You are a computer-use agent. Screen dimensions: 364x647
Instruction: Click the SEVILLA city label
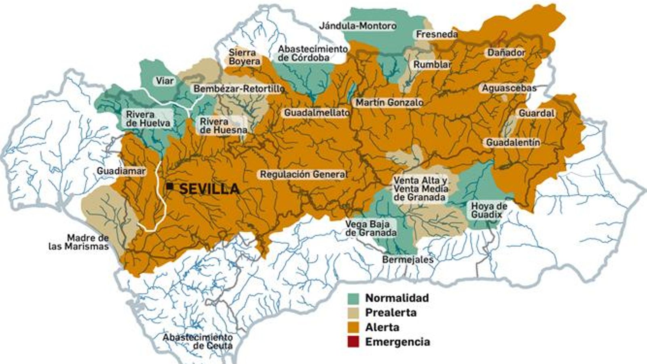(x=209, y=189)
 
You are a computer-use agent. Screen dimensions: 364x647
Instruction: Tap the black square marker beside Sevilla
(x=170, y=186)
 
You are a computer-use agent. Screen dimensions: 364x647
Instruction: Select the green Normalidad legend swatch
(x=353, y=298)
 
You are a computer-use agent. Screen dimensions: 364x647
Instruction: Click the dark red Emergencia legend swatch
(x=353, y=342)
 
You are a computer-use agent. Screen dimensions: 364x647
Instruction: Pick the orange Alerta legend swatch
(x=353, y=327)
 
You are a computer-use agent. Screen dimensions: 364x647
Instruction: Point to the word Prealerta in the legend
(x=390, y=313)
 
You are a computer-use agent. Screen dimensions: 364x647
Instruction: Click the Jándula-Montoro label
(x=357, y=26)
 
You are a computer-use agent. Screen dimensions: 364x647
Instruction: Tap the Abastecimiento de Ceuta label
(x=198, y=341)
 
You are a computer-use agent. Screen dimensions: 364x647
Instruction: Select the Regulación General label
(x=303, y=174)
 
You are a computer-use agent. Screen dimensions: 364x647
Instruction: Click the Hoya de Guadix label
(x=488, y=210)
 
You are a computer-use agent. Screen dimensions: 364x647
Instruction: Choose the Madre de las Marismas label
(x=79, y=242)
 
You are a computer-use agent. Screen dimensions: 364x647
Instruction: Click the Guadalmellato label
(x=317, y=113)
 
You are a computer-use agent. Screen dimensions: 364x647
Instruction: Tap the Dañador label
(x=506, y=53)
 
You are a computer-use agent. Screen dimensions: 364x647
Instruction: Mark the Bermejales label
(x=408, y=260)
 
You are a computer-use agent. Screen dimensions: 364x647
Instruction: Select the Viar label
(x=165, y=81)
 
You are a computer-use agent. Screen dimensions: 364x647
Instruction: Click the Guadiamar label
(x=121, y=171)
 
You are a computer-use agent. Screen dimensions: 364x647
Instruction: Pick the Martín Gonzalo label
(x=389, y=103)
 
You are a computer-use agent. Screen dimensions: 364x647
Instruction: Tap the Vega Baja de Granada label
(x=370, y=229)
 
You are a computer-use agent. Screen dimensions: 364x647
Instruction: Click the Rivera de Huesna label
(x=223, y=126)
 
